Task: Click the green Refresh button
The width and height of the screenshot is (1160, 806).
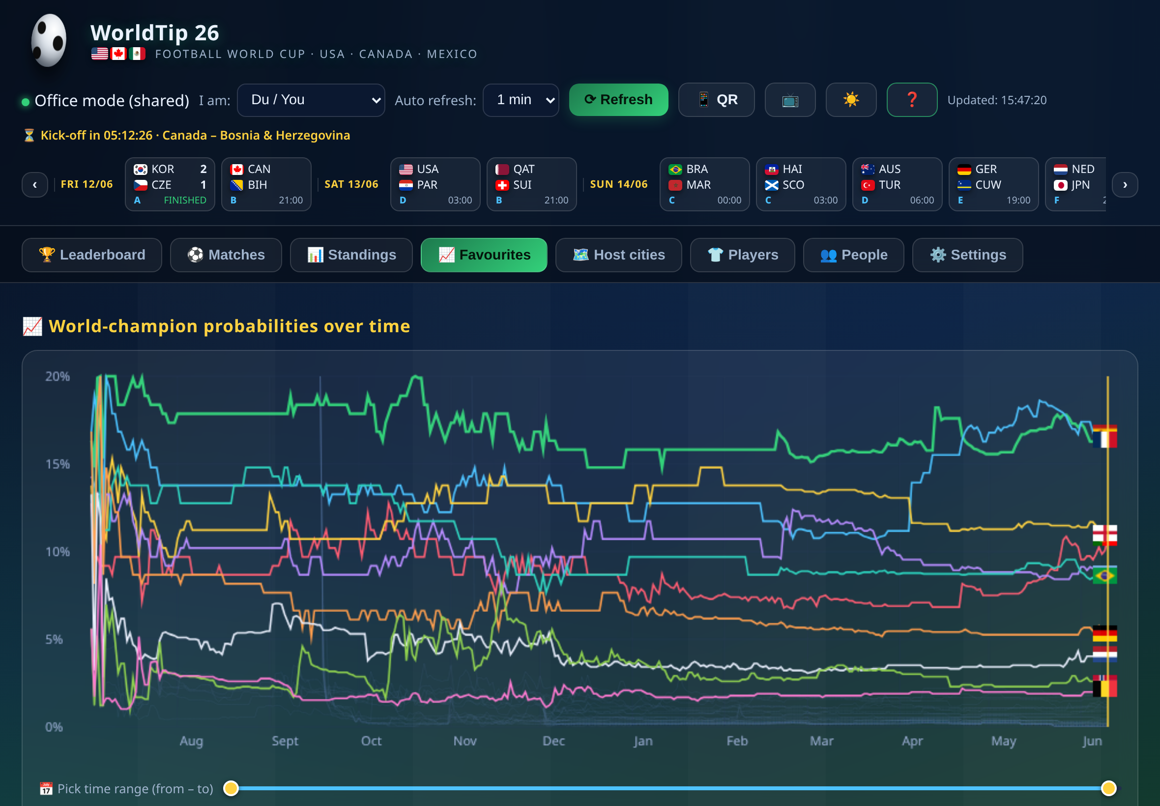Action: [x=618, y=100]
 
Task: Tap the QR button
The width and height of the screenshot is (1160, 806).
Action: [x=716, y=100]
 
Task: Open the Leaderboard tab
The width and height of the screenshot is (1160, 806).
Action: [x=92, y=255]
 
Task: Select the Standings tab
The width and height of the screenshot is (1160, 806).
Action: [x=351, y=255]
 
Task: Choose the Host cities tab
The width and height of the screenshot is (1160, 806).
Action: [x=619, y=255]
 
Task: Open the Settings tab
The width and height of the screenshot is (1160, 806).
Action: [x=968, y=255]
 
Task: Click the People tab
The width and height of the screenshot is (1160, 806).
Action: [x=853, y=255]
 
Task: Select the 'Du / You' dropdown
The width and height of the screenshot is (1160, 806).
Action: [x=311, y=100]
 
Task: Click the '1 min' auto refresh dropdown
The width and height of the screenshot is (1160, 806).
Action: [x=521, y=100]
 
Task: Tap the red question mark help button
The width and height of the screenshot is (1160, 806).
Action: [x=912, y=100]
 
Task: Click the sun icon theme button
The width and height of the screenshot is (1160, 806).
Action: [x=851, y=100]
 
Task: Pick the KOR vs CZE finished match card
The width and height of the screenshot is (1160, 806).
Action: [x=170, y=184]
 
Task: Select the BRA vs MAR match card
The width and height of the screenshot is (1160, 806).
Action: [x=704, y=184]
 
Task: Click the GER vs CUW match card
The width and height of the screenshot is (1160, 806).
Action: [x=993, y=184]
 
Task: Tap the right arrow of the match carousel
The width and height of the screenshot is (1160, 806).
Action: [x=1125, y=185]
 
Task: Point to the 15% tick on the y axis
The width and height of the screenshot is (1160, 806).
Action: [x=58, y=464]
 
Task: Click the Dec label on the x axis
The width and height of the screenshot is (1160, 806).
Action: [x=553, y=741]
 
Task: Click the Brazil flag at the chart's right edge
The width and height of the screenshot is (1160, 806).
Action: [x=1104, y=575]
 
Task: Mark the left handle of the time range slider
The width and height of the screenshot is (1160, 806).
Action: [x=231, y=788]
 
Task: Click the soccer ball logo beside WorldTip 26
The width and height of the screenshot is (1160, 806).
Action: [x=49, y=40]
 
